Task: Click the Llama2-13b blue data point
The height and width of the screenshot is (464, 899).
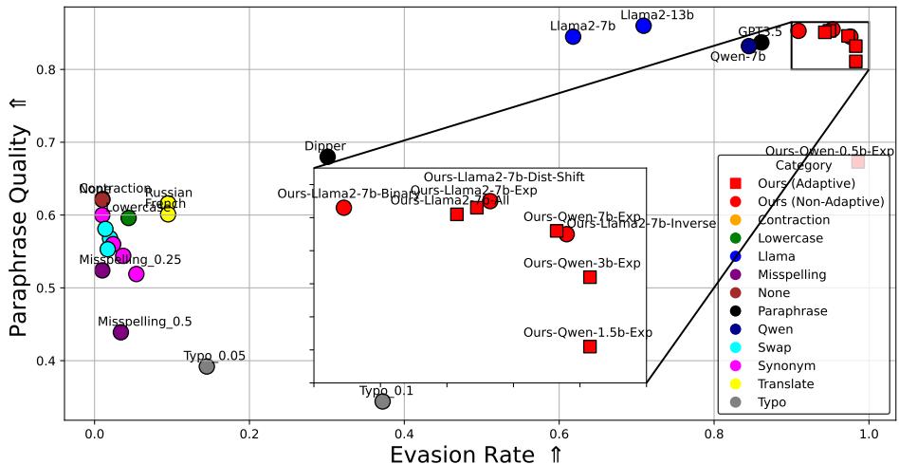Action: coord(644,26)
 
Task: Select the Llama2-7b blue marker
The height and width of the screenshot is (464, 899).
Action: coord(573,37)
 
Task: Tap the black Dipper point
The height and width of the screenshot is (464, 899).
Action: coord(328,157)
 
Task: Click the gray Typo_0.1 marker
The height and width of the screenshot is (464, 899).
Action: coord(382,401)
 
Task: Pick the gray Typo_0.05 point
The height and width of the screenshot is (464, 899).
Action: coord(207,366)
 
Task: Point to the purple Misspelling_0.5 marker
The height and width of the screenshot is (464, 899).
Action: coord(120,332)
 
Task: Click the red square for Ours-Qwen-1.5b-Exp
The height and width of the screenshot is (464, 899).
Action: coord(590,346)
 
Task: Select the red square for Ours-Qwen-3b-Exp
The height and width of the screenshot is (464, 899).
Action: coord(590,277)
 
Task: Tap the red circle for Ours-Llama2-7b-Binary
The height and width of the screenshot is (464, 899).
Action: coord(344,208)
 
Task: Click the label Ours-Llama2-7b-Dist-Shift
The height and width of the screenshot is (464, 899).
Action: coord(504,177)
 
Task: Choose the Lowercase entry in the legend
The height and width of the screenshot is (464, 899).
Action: coord(791,238)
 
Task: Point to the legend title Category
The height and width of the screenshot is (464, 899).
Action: coord(803,165)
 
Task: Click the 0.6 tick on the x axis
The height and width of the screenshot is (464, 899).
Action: coord(559,434)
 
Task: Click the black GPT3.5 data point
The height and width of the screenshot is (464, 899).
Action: coord(761,42)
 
